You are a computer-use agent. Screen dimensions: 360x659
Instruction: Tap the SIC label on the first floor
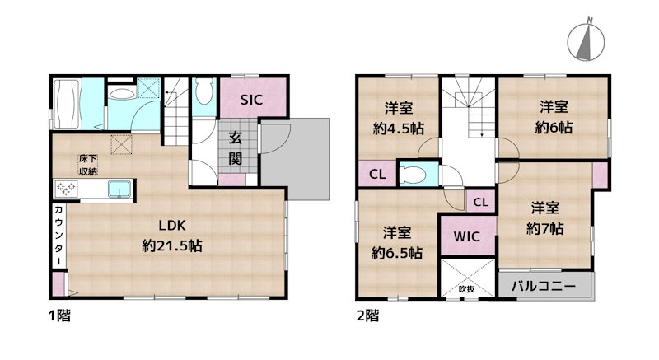point(251,100)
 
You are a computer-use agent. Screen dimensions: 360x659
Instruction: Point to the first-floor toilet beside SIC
point(204,92)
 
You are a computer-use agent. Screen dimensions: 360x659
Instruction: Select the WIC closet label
point(467,235)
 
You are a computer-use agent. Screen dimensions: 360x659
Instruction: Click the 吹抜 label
point(467,289)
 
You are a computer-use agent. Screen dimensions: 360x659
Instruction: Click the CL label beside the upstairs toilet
point(377,174)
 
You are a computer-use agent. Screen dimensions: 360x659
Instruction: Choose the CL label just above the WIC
point(481,201)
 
